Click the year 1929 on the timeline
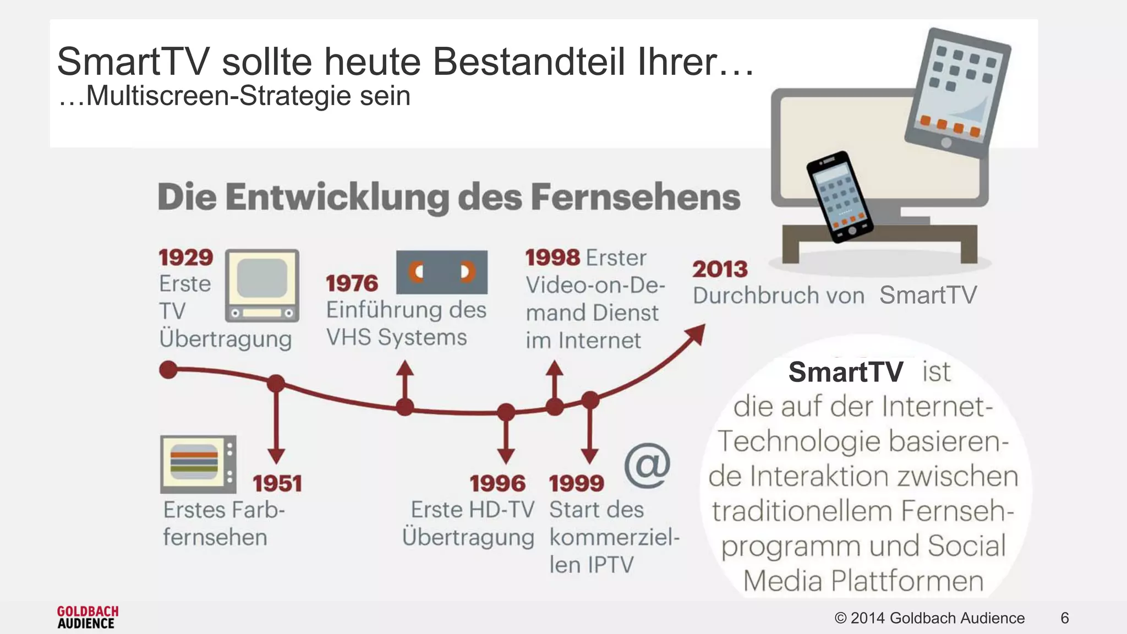[185, 258]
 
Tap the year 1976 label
[352, 284]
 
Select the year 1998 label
[552, 258]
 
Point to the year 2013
[720, 270]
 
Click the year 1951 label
[277, 484]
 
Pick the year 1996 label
[497, 484]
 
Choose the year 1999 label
[576, 484]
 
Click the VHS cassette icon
[441, 272]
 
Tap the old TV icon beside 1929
[262, 285]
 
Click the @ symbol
[647, 466]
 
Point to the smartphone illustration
[839, 196]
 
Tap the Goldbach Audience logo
[87, 617]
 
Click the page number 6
[1064, 618]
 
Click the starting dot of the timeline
[168, 370]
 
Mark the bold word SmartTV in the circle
[845, 372]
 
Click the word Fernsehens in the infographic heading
[636, 197]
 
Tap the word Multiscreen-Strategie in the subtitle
[218, 96]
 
